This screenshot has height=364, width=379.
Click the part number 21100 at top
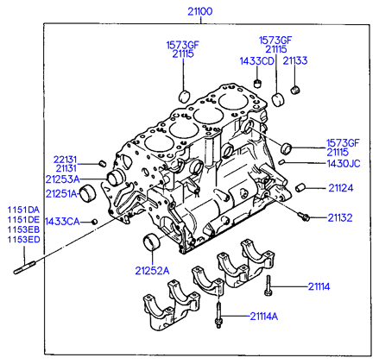click(200, 11)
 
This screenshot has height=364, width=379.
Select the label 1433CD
click(256, 61)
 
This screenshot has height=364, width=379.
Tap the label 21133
click(295, 60)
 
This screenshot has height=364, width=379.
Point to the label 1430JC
click(344, 164)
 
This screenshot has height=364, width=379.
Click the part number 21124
click(341, 188)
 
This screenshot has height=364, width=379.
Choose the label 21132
click(340, 217)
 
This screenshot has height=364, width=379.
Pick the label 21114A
click(264, 317)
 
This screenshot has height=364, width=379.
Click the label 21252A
click(152, 271)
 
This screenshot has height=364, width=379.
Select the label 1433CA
click(62, 222)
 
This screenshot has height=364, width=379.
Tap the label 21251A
click(62, 194)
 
